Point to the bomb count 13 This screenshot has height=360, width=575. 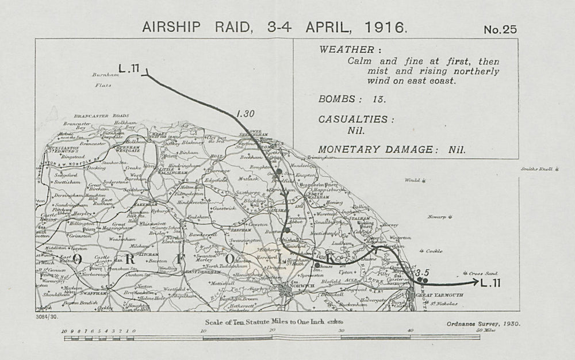(x=378, y=98)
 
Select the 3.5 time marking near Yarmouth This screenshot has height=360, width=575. (x=423, y=272)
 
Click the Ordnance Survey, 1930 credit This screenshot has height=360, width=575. (x=483, y=323)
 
